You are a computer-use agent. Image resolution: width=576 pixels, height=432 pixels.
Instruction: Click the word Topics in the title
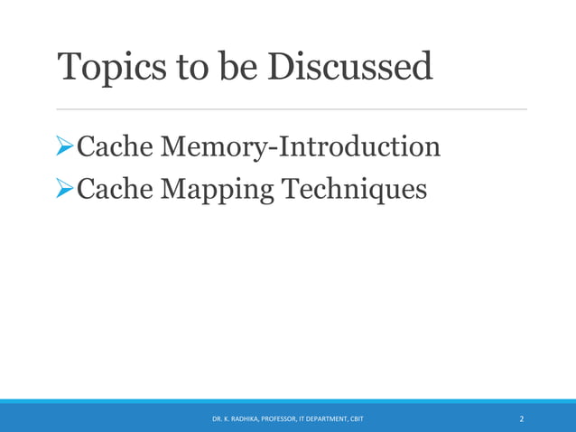tap(108, 67)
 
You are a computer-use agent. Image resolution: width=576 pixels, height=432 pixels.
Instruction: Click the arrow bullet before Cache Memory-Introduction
tap(65, 146)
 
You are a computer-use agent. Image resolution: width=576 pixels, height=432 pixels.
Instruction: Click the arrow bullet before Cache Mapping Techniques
tap(65, 189)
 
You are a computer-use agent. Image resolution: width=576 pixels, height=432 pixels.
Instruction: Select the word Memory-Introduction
tap(300, 146)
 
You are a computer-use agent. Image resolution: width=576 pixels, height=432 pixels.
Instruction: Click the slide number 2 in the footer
tap(521, 419)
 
